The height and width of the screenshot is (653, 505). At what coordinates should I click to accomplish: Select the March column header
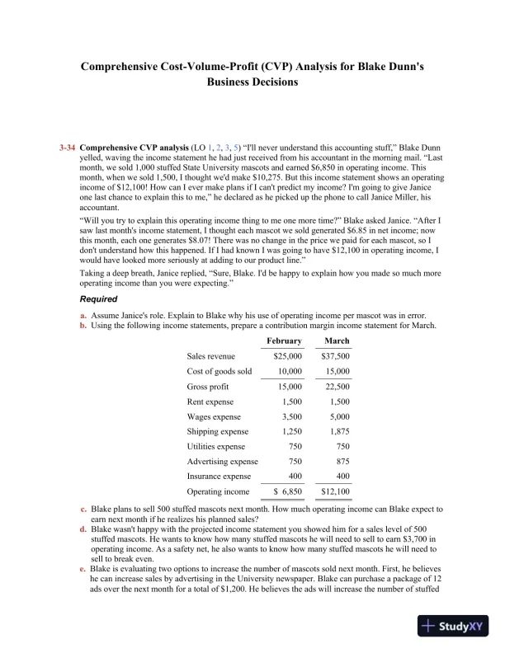(337, 341)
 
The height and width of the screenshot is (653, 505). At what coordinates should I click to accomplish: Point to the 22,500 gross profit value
(337, 387)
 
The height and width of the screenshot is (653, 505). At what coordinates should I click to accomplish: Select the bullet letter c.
(83, 510)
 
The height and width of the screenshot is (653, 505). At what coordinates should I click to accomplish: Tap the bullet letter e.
(83, 570)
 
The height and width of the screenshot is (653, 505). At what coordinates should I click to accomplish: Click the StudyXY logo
(453, 627)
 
